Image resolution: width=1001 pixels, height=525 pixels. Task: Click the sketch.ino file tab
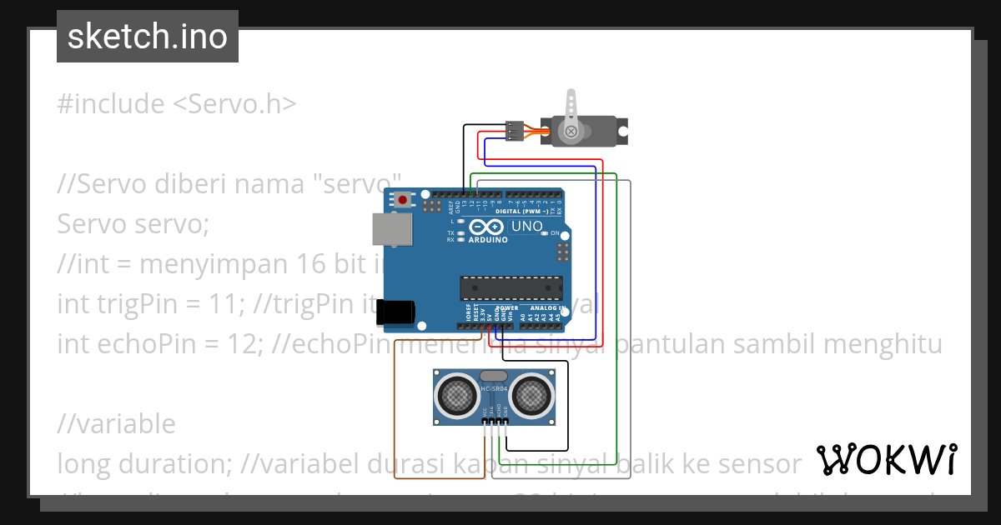[x=147, y=37]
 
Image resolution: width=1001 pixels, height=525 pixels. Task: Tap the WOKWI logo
[x=886, y=459]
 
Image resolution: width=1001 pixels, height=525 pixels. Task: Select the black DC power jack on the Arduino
[x=395, y=312]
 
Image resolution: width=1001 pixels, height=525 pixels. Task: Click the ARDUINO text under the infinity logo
[x=489, y=240]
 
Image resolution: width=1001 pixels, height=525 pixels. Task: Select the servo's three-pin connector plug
[x=515, y=131]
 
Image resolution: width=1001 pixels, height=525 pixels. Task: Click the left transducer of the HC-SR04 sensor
[x=456, y=397]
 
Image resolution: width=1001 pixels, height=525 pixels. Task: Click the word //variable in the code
[x=116, y=423]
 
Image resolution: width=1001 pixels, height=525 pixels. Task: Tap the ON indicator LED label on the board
[x=555, y=233]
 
